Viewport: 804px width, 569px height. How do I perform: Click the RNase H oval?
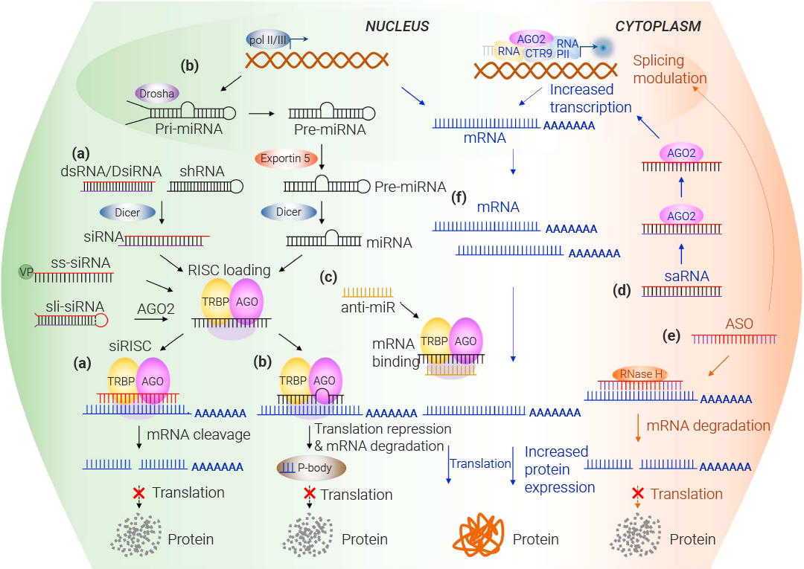click(639, 374)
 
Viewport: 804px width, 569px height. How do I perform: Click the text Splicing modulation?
click(669, 70)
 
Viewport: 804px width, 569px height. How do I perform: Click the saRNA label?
click(686, 276)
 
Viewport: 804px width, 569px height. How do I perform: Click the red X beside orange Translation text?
click(637, 493)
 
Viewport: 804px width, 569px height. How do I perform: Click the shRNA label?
click(202, 172)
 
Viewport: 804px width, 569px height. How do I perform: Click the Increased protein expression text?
click(559, 469)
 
